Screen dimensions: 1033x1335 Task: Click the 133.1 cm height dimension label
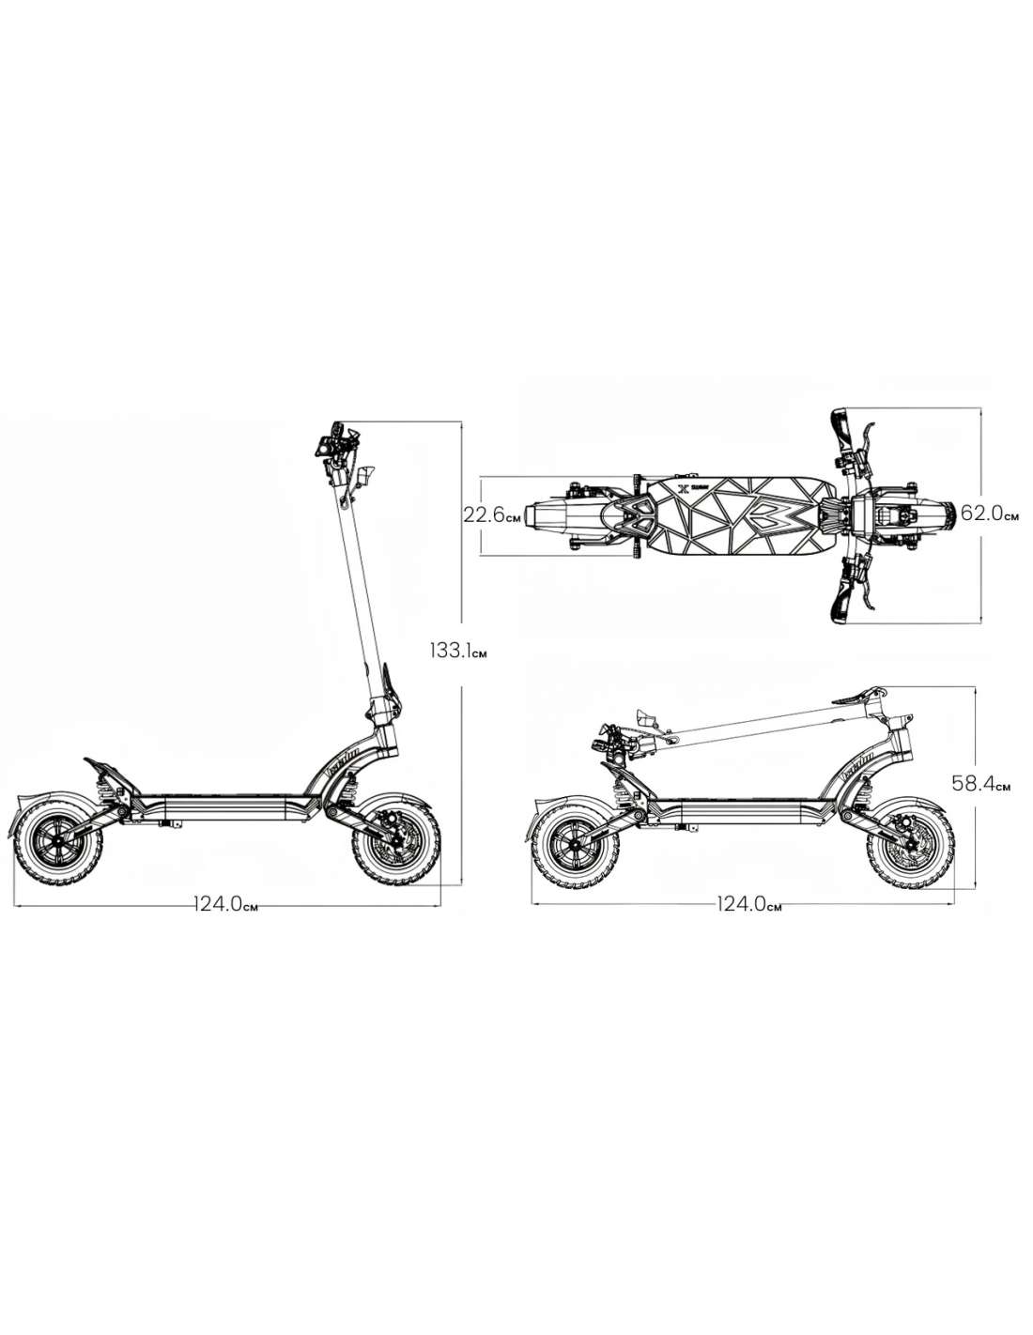tap(458, 651)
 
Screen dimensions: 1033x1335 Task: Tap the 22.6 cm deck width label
tap(491, 514)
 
